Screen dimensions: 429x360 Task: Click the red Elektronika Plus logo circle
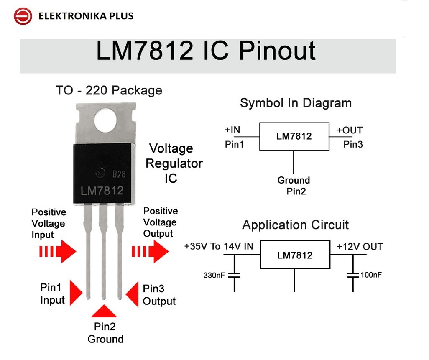23,16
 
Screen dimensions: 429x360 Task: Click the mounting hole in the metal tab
105,121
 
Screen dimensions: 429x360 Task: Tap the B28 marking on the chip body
119,174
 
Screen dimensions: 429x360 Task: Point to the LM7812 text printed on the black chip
102,191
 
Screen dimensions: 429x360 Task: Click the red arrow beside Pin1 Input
76,293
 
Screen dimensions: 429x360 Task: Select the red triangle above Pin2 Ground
104,311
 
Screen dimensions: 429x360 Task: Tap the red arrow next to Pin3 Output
132,294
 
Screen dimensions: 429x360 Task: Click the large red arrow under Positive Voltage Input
58,251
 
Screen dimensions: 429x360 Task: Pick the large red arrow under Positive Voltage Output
150,251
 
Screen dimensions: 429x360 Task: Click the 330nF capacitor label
214,275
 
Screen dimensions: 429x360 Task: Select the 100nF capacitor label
371,275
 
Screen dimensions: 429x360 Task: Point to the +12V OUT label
360,247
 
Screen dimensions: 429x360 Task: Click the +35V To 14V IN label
219,246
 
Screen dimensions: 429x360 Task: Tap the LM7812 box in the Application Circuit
295,255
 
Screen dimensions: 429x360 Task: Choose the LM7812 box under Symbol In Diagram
294,136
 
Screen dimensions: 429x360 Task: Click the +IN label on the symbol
232,130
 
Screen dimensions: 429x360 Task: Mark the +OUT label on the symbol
350,130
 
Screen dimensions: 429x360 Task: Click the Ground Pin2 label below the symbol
294,186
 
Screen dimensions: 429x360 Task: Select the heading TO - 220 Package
109,91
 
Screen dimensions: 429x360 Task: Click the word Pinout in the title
277,51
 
